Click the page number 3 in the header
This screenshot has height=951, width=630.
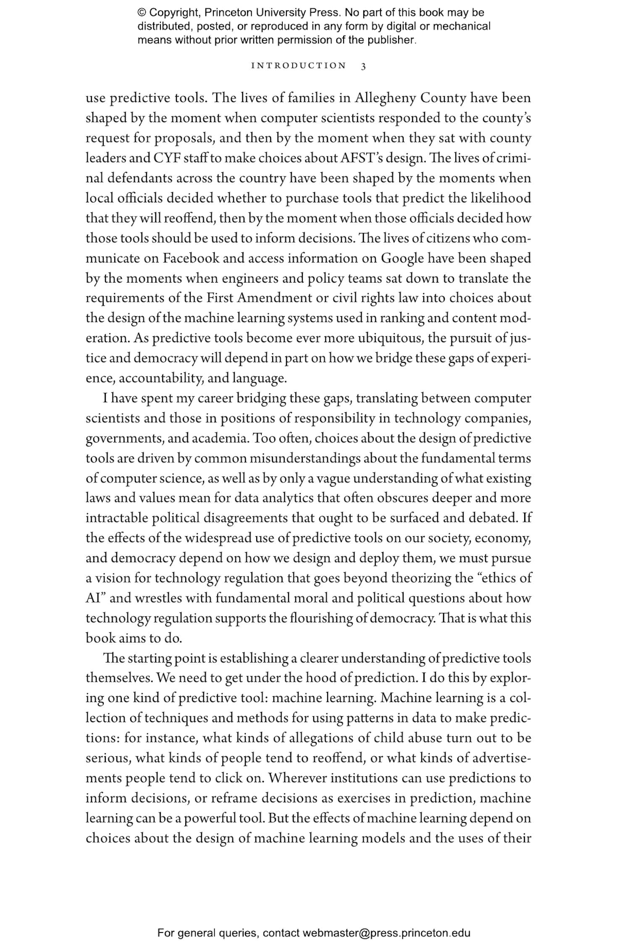pos(363,66)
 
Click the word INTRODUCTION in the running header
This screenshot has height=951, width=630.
pos(299,66)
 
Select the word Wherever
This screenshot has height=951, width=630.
pos(297,778)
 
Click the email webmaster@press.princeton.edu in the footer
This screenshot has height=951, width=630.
pos(386,933)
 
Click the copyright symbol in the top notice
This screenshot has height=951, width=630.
pos(142,13)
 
